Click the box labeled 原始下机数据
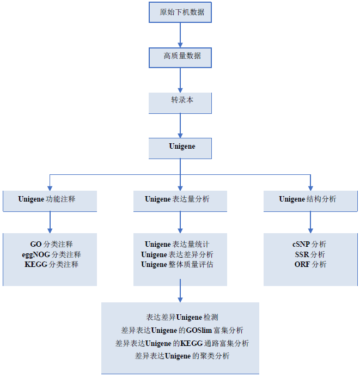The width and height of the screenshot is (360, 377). (x=180, y=12)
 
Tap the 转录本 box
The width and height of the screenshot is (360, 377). (x=180, y=102)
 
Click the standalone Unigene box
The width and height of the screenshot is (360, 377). (x=180, y=147)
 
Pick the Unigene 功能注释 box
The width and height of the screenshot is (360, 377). (x=50, y=199)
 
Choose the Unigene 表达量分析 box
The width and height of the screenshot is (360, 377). (x=180, y=199)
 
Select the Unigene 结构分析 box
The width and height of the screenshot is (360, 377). (x=310, y=199)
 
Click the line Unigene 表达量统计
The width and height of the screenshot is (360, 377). (x=180, y=244)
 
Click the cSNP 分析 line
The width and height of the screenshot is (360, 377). (x=309, y=244)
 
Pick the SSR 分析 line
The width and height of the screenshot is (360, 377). (x=309, y=254)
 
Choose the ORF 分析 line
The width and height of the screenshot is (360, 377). (x=309, y=265)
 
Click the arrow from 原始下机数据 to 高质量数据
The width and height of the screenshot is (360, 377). (x=180, y=35)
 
